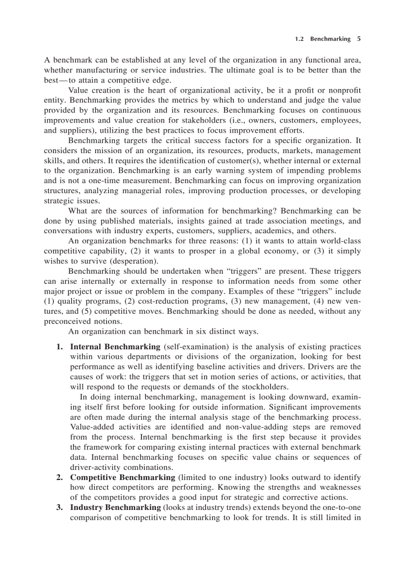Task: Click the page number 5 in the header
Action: click(359, 39)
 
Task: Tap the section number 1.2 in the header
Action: click(299, 39)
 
